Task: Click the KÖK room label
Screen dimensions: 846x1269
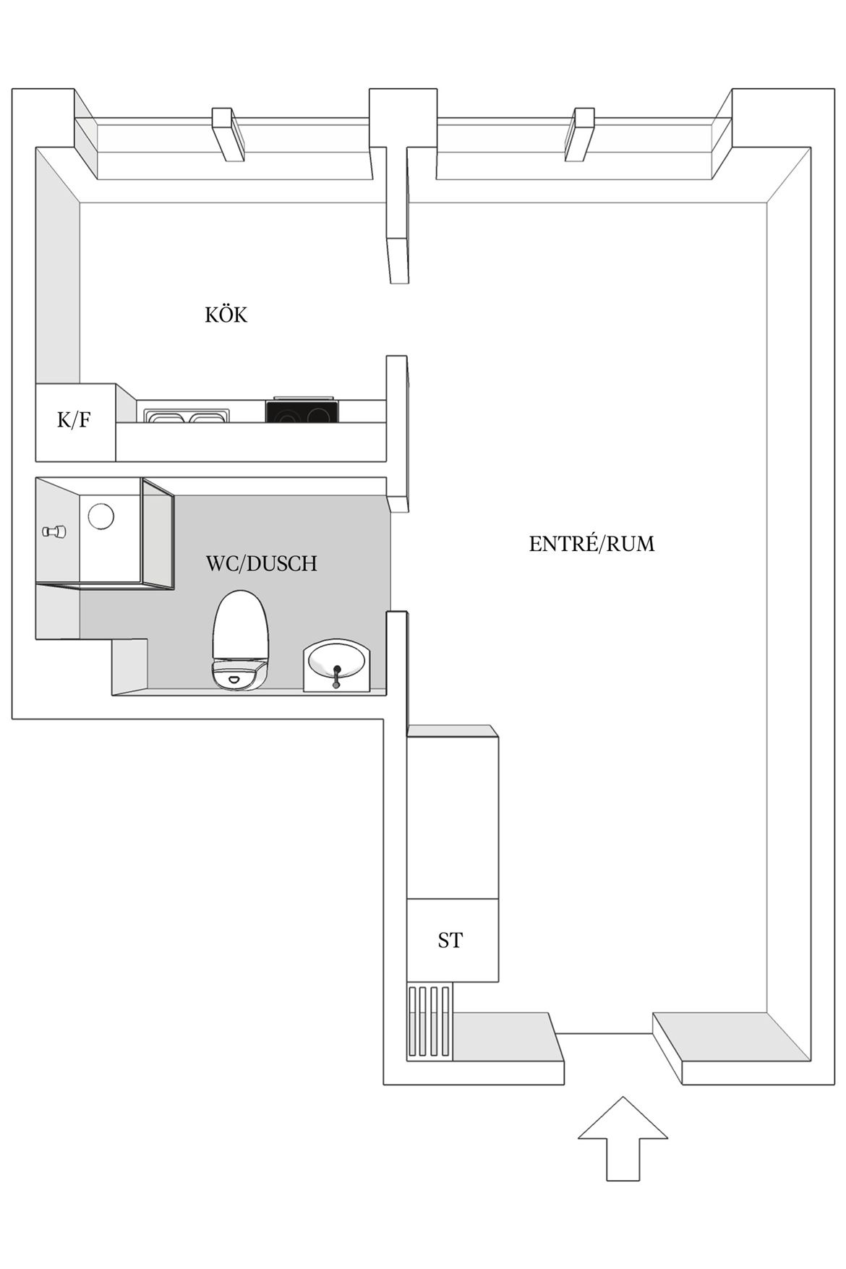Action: (226, 315)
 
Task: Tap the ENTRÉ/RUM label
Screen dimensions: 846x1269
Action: (591, 543)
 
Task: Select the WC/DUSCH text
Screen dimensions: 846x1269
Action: (261, 563)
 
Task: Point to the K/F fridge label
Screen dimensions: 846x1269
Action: (74, 419)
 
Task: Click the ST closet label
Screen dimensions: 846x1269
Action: (450, 940)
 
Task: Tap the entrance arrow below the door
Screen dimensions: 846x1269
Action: (623, 1139)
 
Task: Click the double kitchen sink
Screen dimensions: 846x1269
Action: (187, 416)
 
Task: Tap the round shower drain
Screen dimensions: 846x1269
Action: (101, 516)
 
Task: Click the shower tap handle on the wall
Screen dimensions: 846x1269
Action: (54, 531)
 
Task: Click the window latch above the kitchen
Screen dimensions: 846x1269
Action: (227, 134)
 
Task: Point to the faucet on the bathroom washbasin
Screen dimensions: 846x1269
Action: (336, 676)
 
